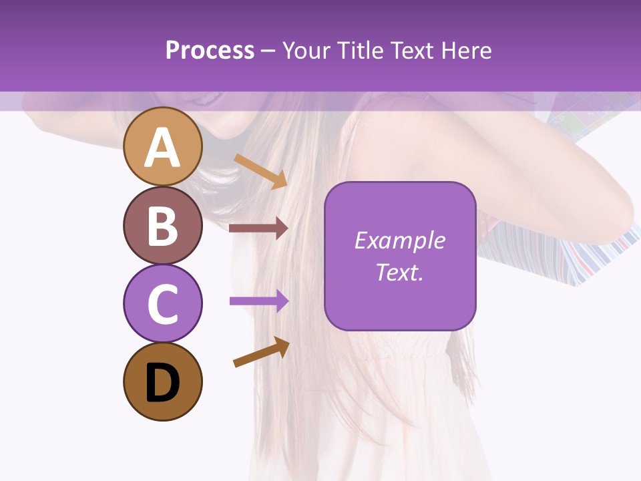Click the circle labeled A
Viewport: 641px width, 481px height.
[162, 147]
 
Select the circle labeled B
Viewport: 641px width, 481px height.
[162, 225]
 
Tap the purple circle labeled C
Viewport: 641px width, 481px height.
[162, 303]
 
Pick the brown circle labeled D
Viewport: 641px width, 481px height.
[162, 381]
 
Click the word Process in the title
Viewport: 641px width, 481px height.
[210, 50]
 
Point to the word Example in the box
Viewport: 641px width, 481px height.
[400, 240]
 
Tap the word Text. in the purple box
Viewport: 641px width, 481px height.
[400, 272]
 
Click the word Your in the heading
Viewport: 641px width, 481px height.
[305, 50]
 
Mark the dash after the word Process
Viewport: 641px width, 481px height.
[268, 51]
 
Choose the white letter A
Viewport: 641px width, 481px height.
[162, 148]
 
